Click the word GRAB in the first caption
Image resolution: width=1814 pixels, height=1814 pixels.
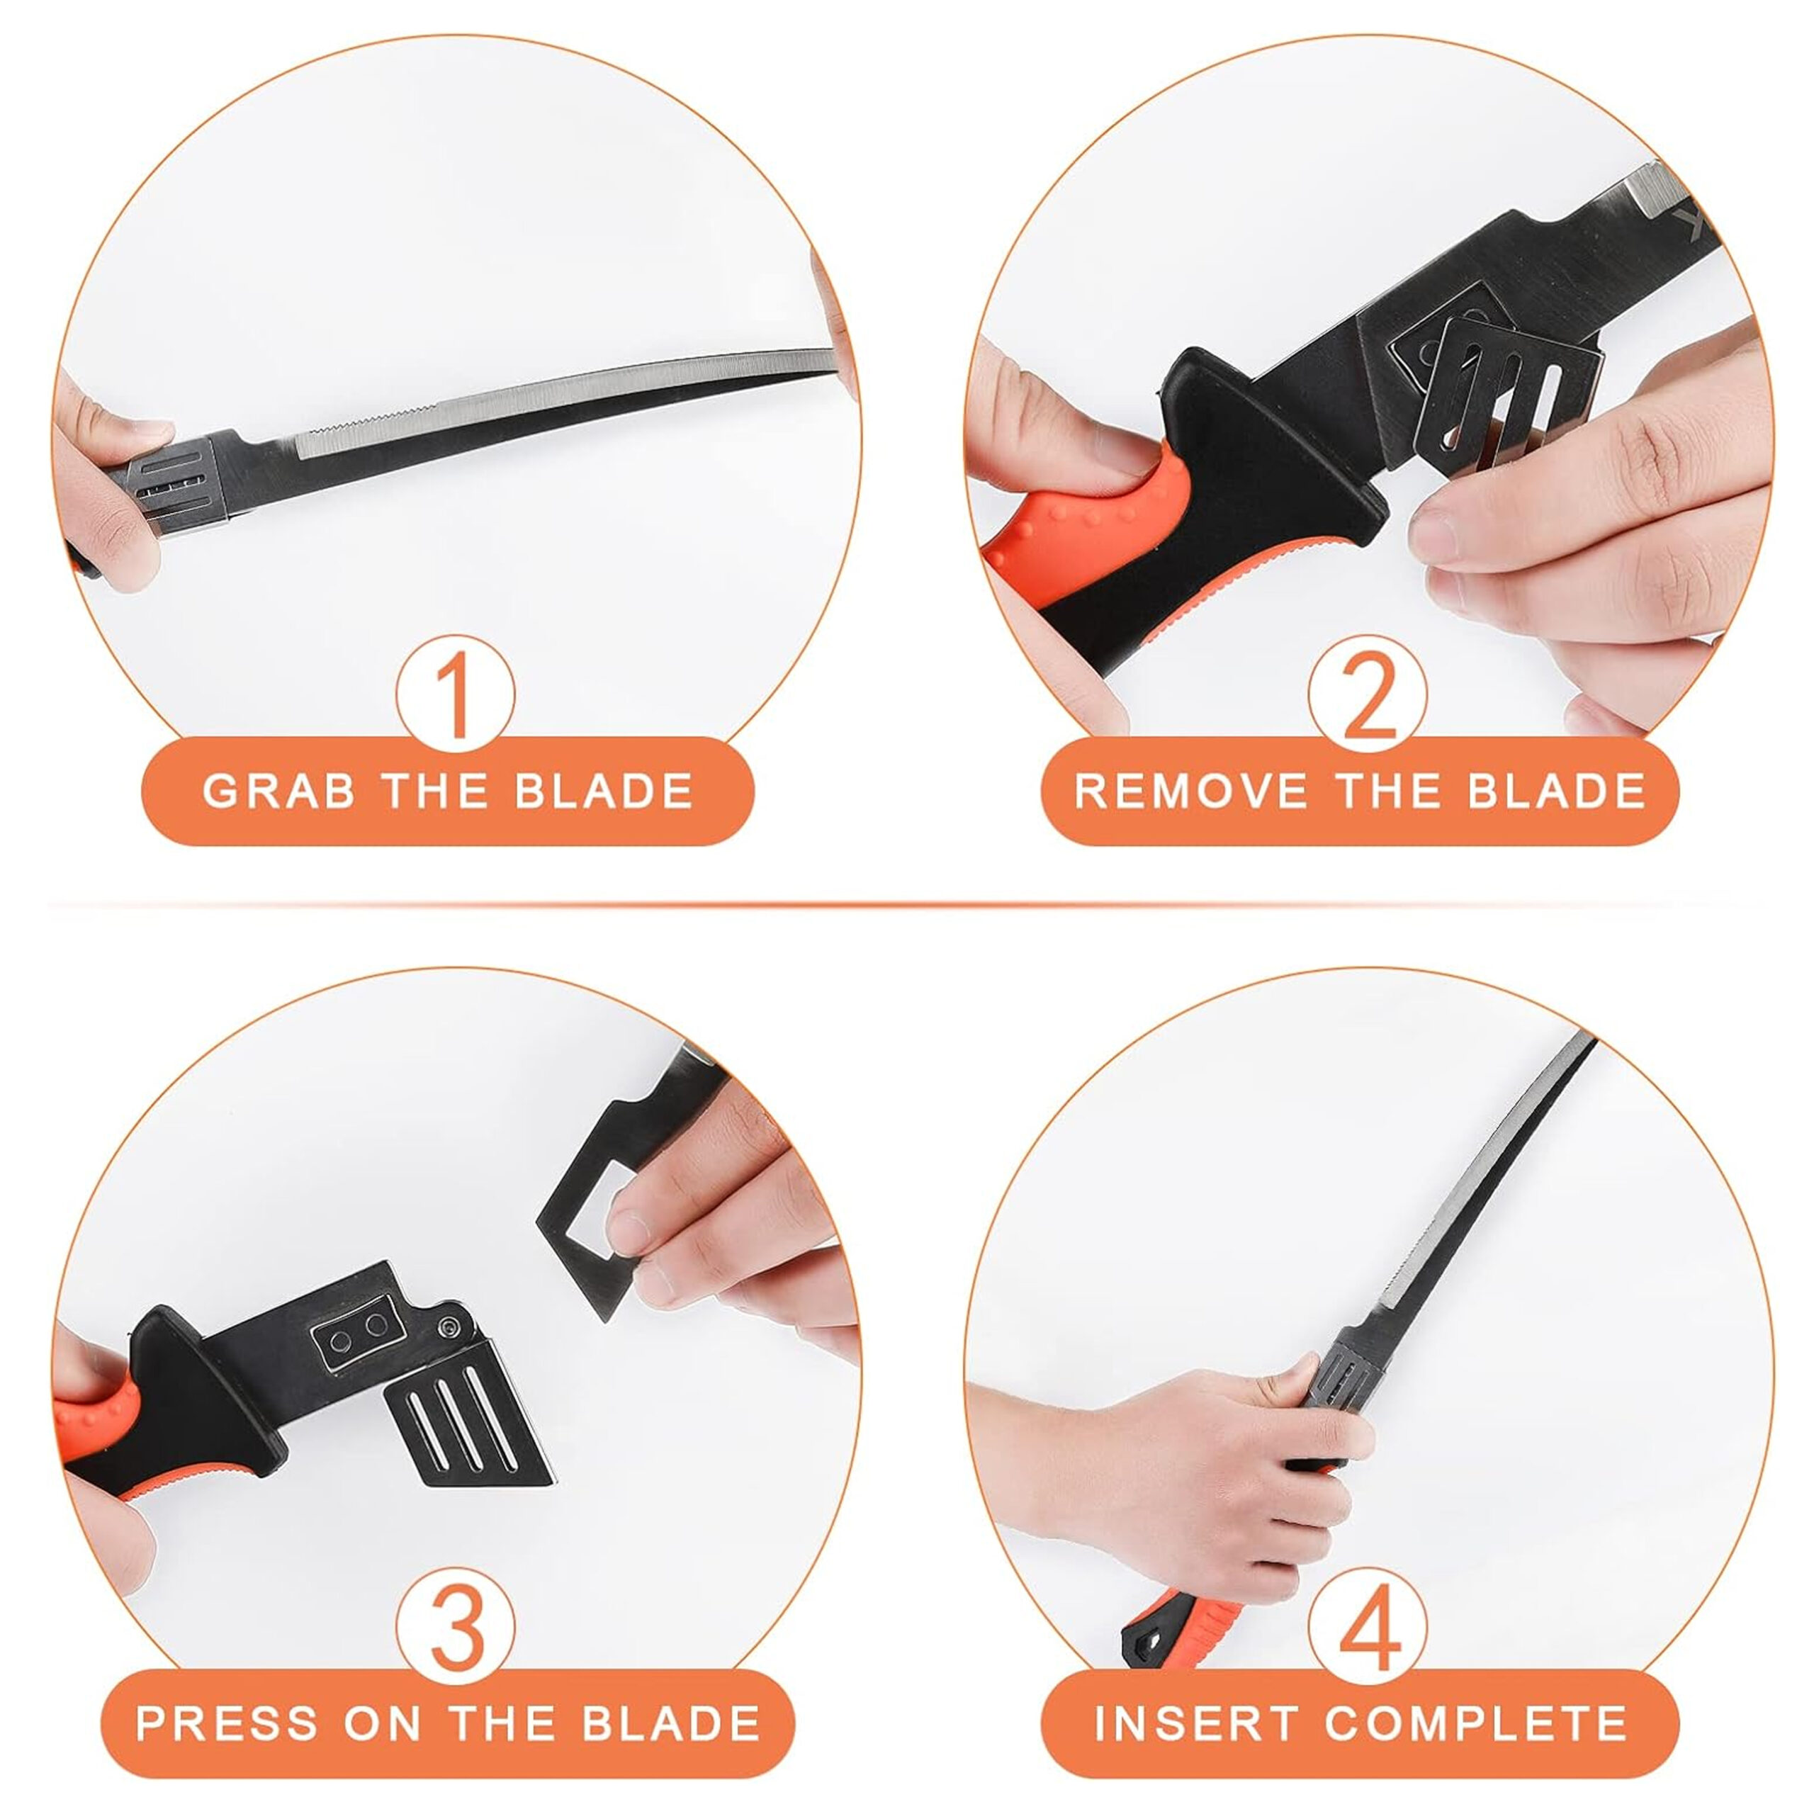coord(279,791)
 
